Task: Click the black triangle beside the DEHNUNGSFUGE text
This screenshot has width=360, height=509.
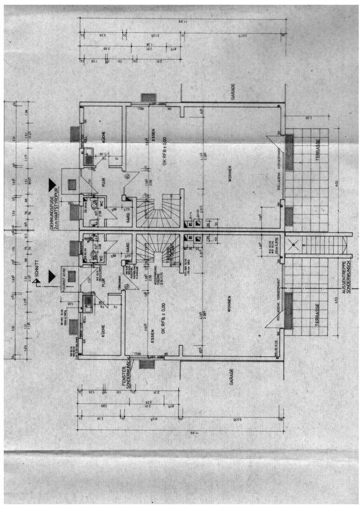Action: (x=52, y=184)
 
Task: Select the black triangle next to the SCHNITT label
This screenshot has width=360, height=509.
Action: (x=52, y=276)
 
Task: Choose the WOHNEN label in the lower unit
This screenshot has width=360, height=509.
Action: (x=229, y=313)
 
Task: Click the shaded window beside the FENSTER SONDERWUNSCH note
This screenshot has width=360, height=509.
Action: (x=145, y=363)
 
